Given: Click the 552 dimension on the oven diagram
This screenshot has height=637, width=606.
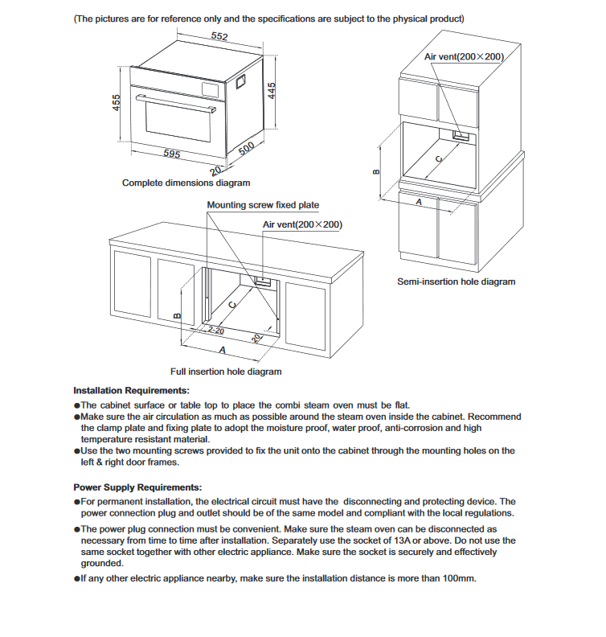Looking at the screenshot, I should pos(219,36).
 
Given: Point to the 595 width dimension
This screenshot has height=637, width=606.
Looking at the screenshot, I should pos(171,153).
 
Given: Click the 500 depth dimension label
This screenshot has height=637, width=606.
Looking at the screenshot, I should pos(247,147).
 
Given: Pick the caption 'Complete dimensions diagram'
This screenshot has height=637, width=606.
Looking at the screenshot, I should pos(186,183).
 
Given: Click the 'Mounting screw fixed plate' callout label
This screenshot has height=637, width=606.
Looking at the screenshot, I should pos(263,205).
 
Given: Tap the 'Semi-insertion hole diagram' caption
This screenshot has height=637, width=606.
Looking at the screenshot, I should pos(456,282).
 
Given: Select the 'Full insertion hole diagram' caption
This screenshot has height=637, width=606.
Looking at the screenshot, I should pos(226,372).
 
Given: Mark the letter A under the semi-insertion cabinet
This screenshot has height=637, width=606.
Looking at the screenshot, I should pos(418,203).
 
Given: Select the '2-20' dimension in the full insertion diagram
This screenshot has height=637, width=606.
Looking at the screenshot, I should pos(215,330).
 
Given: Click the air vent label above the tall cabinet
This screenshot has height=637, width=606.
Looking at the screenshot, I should pos(464,57).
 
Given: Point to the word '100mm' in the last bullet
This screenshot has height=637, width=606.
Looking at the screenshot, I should pos(457,580).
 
